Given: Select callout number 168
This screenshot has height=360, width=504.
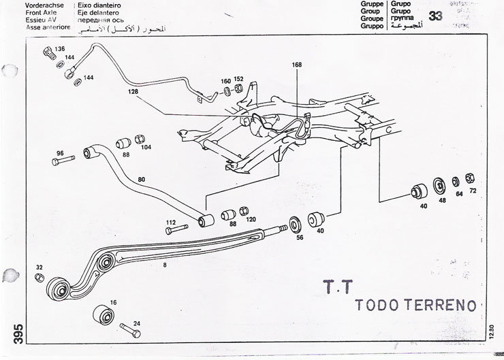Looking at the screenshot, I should click(x=296, y=65).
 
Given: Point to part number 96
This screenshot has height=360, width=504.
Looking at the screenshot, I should click(x=60, y=152).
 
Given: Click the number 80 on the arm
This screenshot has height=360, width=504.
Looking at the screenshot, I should click(x=142, y=180).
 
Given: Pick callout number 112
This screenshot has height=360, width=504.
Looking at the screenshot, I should click(x=171, y=222).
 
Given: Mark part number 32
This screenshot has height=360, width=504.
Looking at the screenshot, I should click(x=39, y=267).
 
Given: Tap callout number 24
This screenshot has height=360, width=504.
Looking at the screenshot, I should click(x=138, y=324).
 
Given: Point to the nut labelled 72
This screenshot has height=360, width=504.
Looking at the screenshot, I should click(x=469, y=179).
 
